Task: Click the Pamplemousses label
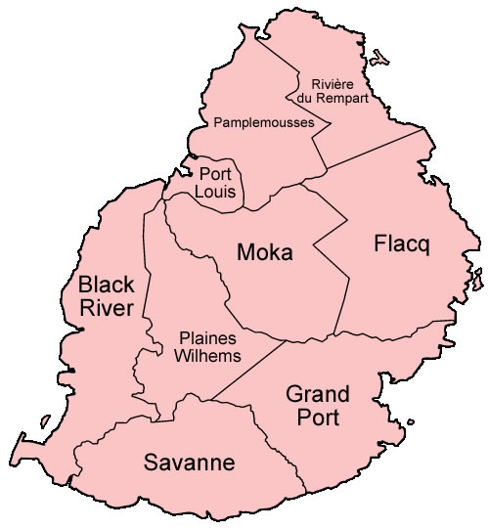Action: [264, 123]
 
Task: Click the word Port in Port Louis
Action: [214, 174]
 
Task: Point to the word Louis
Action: [214, 192]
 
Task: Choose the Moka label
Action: [265, 252]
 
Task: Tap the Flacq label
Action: [402, 243]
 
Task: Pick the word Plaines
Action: [206, 338]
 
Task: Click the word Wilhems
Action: [208, 356]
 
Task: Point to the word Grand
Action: [317, 395]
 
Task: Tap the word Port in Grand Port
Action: [315, 418]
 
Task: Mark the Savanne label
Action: [190, 463]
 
